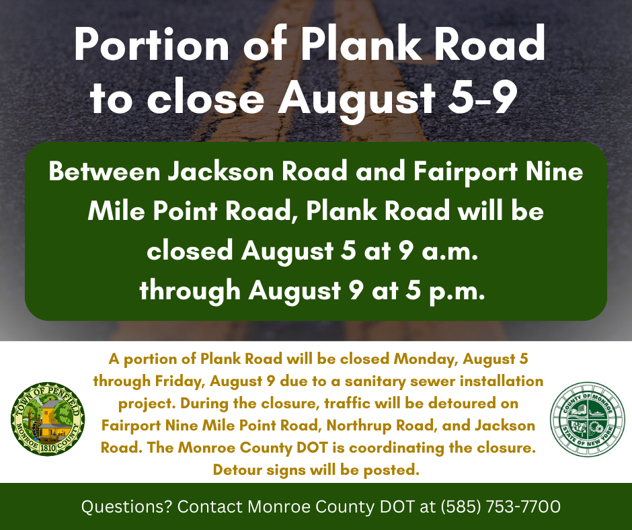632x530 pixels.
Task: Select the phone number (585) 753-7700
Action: (x=501, y=506)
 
